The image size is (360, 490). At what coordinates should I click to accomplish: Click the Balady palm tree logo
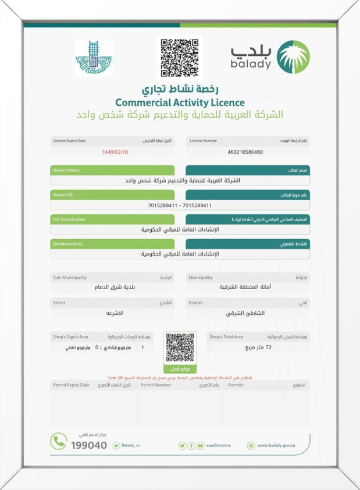293,57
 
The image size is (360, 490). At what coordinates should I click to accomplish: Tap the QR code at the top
180,57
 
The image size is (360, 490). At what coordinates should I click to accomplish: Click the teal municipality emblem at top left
94,58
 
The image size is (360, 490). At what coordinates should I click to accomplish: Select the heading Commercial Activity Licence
180,102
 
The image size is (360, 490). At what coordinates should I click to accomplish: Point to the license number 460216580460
245,152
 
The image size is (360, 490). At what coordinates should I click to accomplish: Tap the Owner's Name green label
66,171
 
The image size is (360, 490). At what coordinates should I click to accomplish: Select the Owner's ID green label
63,194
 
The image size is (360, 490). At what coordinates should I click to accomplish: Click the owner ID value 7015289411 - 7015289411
180,205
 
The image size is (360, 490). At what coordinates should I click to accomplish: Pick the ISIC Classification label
69,219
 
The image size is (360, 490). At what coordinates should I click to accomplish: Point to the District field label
196,303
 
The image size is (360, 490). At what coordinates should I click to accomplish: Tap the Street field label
59,303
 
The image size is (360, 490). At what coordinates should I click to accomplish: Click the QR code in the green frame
180,348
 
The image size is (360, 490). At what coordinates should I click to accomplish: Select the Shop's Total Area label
226,337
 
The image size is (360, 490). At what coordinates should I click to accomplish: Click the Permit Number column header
156,385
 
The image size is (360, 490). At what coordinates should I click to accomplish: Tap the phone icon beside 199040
58,442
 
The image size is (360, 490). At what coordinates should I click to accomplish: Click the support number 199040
89,445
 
